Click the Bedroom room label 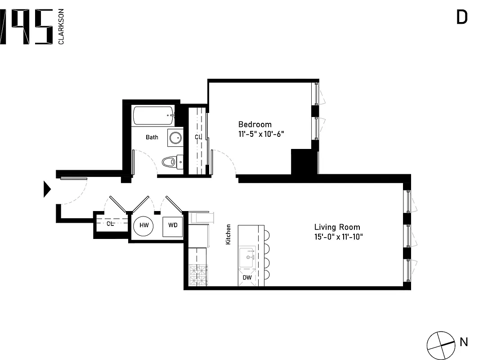click(255, 124)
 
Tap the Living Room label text click(337, 227)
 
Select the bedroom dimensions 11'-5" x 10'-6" click(261, 134)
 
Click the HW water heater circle click(144, 225)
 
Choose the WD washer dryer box click(173, 225)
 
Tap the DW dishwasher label click(247, 278)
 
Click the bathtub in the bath click(153, 116)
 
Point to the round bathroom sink click(175, 137)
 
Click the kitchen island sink click(247, 257)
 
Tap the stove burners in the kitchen click(197, 275)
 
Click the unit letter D click(462, 17)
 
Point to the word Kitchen click(228, 234)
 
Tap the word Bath click(152, 137)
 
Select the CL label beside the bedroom click(198, 137)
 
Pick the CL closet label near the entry click(110, 224)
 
